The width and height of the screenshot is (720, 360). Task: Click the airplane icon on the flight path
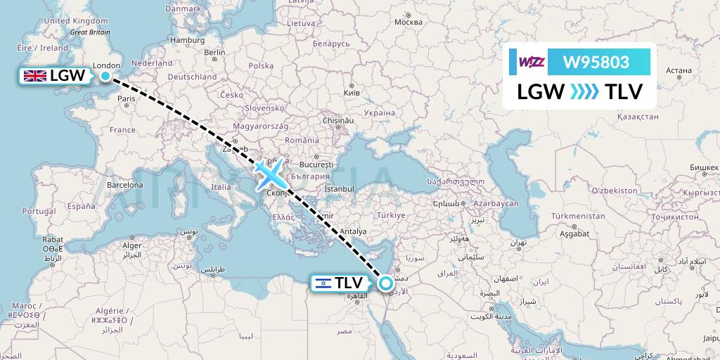(268, 173)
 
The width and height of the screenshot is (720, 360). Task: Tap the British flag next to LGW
(34, 76)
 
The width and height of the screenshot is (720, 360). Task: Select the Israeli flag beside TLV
(323, 283)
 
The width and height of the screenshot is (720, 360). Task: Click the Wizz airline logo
(532, 62)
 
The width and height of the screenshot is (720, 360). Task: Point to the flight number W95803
(596, 62)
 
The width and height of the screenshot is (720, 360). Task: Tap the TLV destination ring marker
(386, 283)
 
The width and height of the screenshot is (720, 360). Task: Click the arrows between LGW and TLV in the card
(584, 91)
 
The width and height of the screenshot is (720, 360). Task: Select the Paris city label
(127, 99)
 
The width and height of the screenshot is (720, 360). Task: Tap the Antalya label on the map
(354, 231)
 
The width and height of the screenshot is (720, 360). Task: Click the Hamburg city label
(187, 40)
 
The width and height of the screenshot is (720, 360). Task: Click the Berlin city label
(214, 52)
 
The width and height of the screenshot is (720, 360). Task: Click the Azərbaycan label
(496, 203)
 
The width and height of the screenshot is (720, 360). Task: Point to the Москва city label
(409, 22)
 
